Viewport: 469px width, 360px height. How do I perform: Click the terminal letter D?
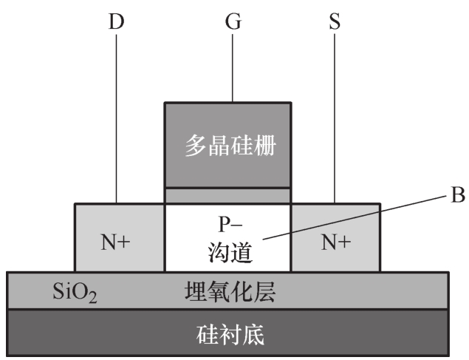point(116,22)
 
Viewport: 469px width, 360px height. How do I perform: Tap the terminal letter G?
point(233,21)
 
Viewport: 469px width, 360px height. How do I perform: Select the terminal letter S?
point(335,22)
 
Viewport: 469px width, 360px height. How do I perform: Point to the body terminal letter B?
point(458,194)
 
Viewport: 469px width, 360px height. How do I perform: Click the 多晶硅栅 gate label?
point(230,146)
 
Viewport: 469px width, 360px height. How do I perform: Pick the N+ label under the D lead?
point(115,242)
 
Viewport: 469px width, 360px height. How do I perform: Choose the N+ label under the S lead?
point(335,242)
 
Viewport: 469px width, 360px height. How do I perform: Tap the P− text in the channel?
point(230,224)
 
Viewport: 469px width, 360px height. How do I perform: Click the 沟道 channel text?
point(230,252)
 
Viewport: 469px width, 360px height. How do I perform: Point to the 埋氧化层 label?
point(230,291)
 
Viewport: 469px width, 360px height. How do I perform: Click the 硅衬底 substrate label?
point(230,335)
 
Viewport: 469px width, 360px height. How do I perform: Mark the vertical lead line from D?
point(117,119)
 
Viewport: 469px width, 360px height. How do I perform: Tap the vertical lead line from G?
point(233,68)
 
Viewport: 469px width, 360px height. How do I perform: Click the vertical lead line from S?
point(335,118)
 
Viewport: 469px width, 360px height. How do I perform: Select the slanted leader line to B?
point(355,217)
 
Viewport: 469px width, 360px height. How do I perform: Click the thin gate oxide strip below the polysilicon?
point(228,196)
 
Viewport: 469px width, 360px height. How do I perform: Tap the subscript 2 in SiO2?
point(92,298)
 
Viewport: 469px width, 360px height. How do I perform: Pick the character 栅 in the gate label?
point(265,146)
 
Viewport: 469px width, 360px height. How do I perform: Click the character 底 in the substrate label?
point(253,335)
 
